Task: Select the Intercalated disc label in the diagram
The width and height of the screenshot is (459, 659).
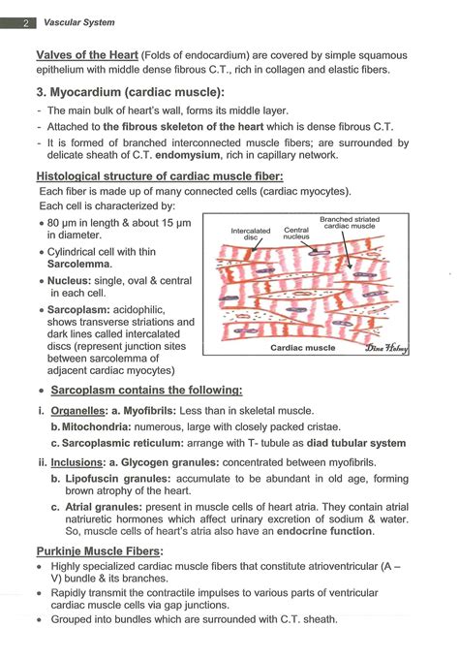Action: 251,234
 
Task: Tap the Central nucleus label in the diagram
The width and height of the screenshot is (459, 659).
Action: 296,234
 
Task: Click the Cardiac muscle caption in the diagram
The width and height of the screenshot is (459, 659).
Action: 302,347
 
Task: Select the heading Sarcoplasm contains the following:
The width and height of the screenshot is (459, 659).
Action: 146,390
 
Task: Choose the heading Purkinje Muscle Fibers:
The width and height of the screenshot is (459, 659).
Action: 100,550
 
